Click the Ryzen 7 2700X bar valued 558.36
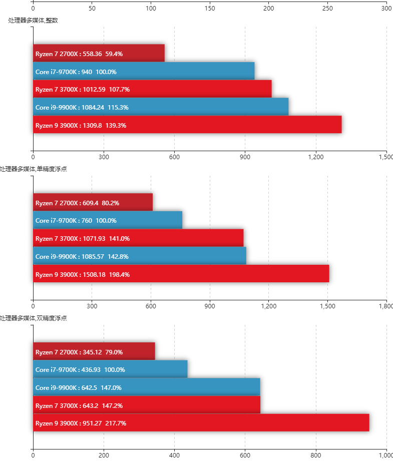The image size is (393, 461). pyautogui.click(x=99, y=53)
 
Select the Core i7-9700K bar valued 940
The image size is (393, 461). pyautogui.click(x=144, y=71)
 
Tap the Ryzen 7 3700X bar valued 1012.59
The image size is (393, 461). pyautogui.click(x=152, y=89)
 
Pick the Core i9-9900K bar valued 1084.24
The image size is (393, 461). pyautogui.click(x=161, y=107)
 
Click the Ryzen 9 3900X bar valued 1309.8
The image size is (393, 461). pyautogui.click(x=187, y=125)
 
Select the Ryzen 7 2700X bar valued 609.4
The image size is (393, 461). pyautogui.click(x=93, y=202)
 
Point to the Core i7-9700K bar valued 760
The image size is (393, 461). pyautogui.click(x=108, y=220)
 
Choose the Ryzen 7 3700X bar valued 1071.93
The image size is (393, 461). pyautogui.click(x=138, y=238)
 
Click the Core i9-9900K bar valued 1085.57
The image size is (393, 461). pyautogui.click(x=140, y=256)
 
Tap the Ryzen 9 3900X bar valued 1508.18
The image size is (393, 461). pyautogui.click(x=181, y=274)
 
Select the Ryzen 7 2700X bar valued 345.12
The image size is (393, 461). pyautogui.click(x=94, y=351)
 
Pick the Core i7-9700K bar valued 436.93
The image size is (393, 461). pyautogui.click(x=110, y=369)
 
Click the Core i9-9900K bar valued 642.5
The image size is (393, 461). pyautogui.click(x=147, y=387)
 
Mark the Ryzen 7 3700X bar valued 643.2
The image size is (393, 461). pyautogui.click(x=147, y=405)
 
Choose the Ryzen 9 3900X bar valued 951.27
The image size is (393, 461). pyautogui.click(x=201, y=423)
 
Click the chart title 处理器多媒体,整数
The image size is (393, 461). pyautogui.click(x=33, y=21)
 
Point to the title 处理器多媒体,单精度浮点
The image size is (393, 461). pyautogui.click(x=33, y=169)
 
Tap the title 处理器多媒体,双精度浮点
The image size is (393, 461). pyautogui.click(x=33, y=318)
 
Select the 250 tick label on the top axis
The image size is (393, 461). pyautogui.click(x=327, y=9)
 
